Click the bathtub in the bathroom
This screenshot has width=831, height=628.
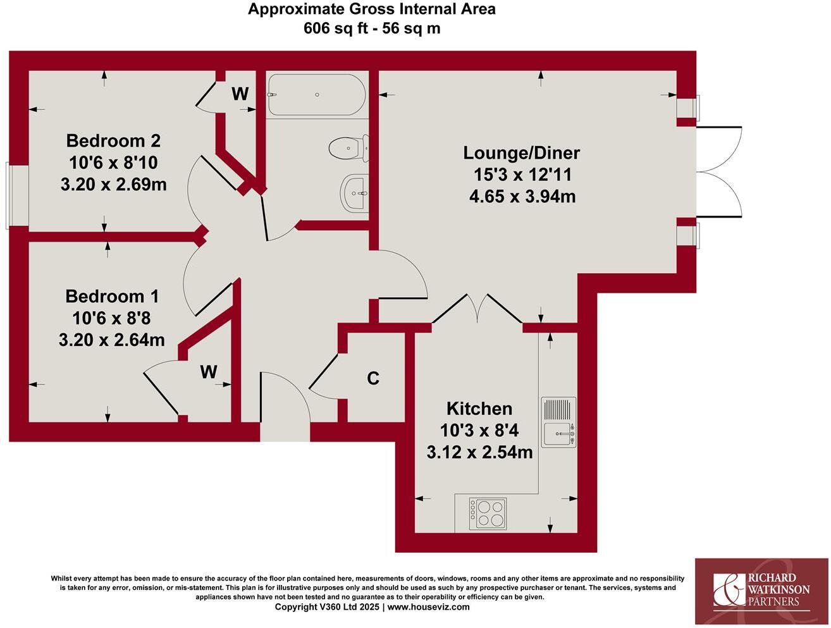(316, 95)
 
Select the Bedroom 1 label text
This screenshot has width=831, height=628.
(112, 296)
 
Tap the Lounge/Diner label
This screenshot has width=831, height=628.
(521, 152)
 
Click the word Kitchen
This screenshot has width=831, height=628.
(479, 408)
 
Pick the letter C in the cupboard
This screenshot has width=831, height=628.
(373, 378)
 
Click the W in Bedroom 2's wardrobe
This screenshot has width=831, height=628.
(240, 94)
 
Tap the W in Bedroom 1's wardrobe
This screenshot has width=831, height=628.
(209, 372)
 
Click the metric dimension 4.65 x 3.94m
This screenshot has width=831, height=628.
(522, 196)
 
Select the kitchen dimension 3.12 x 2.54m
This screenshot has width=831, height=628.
(479, 453)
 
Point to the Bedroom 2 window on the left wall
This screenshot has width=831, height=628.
(9, 195)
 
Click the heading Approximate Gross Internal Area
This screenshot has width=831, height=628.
(371, 9)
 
